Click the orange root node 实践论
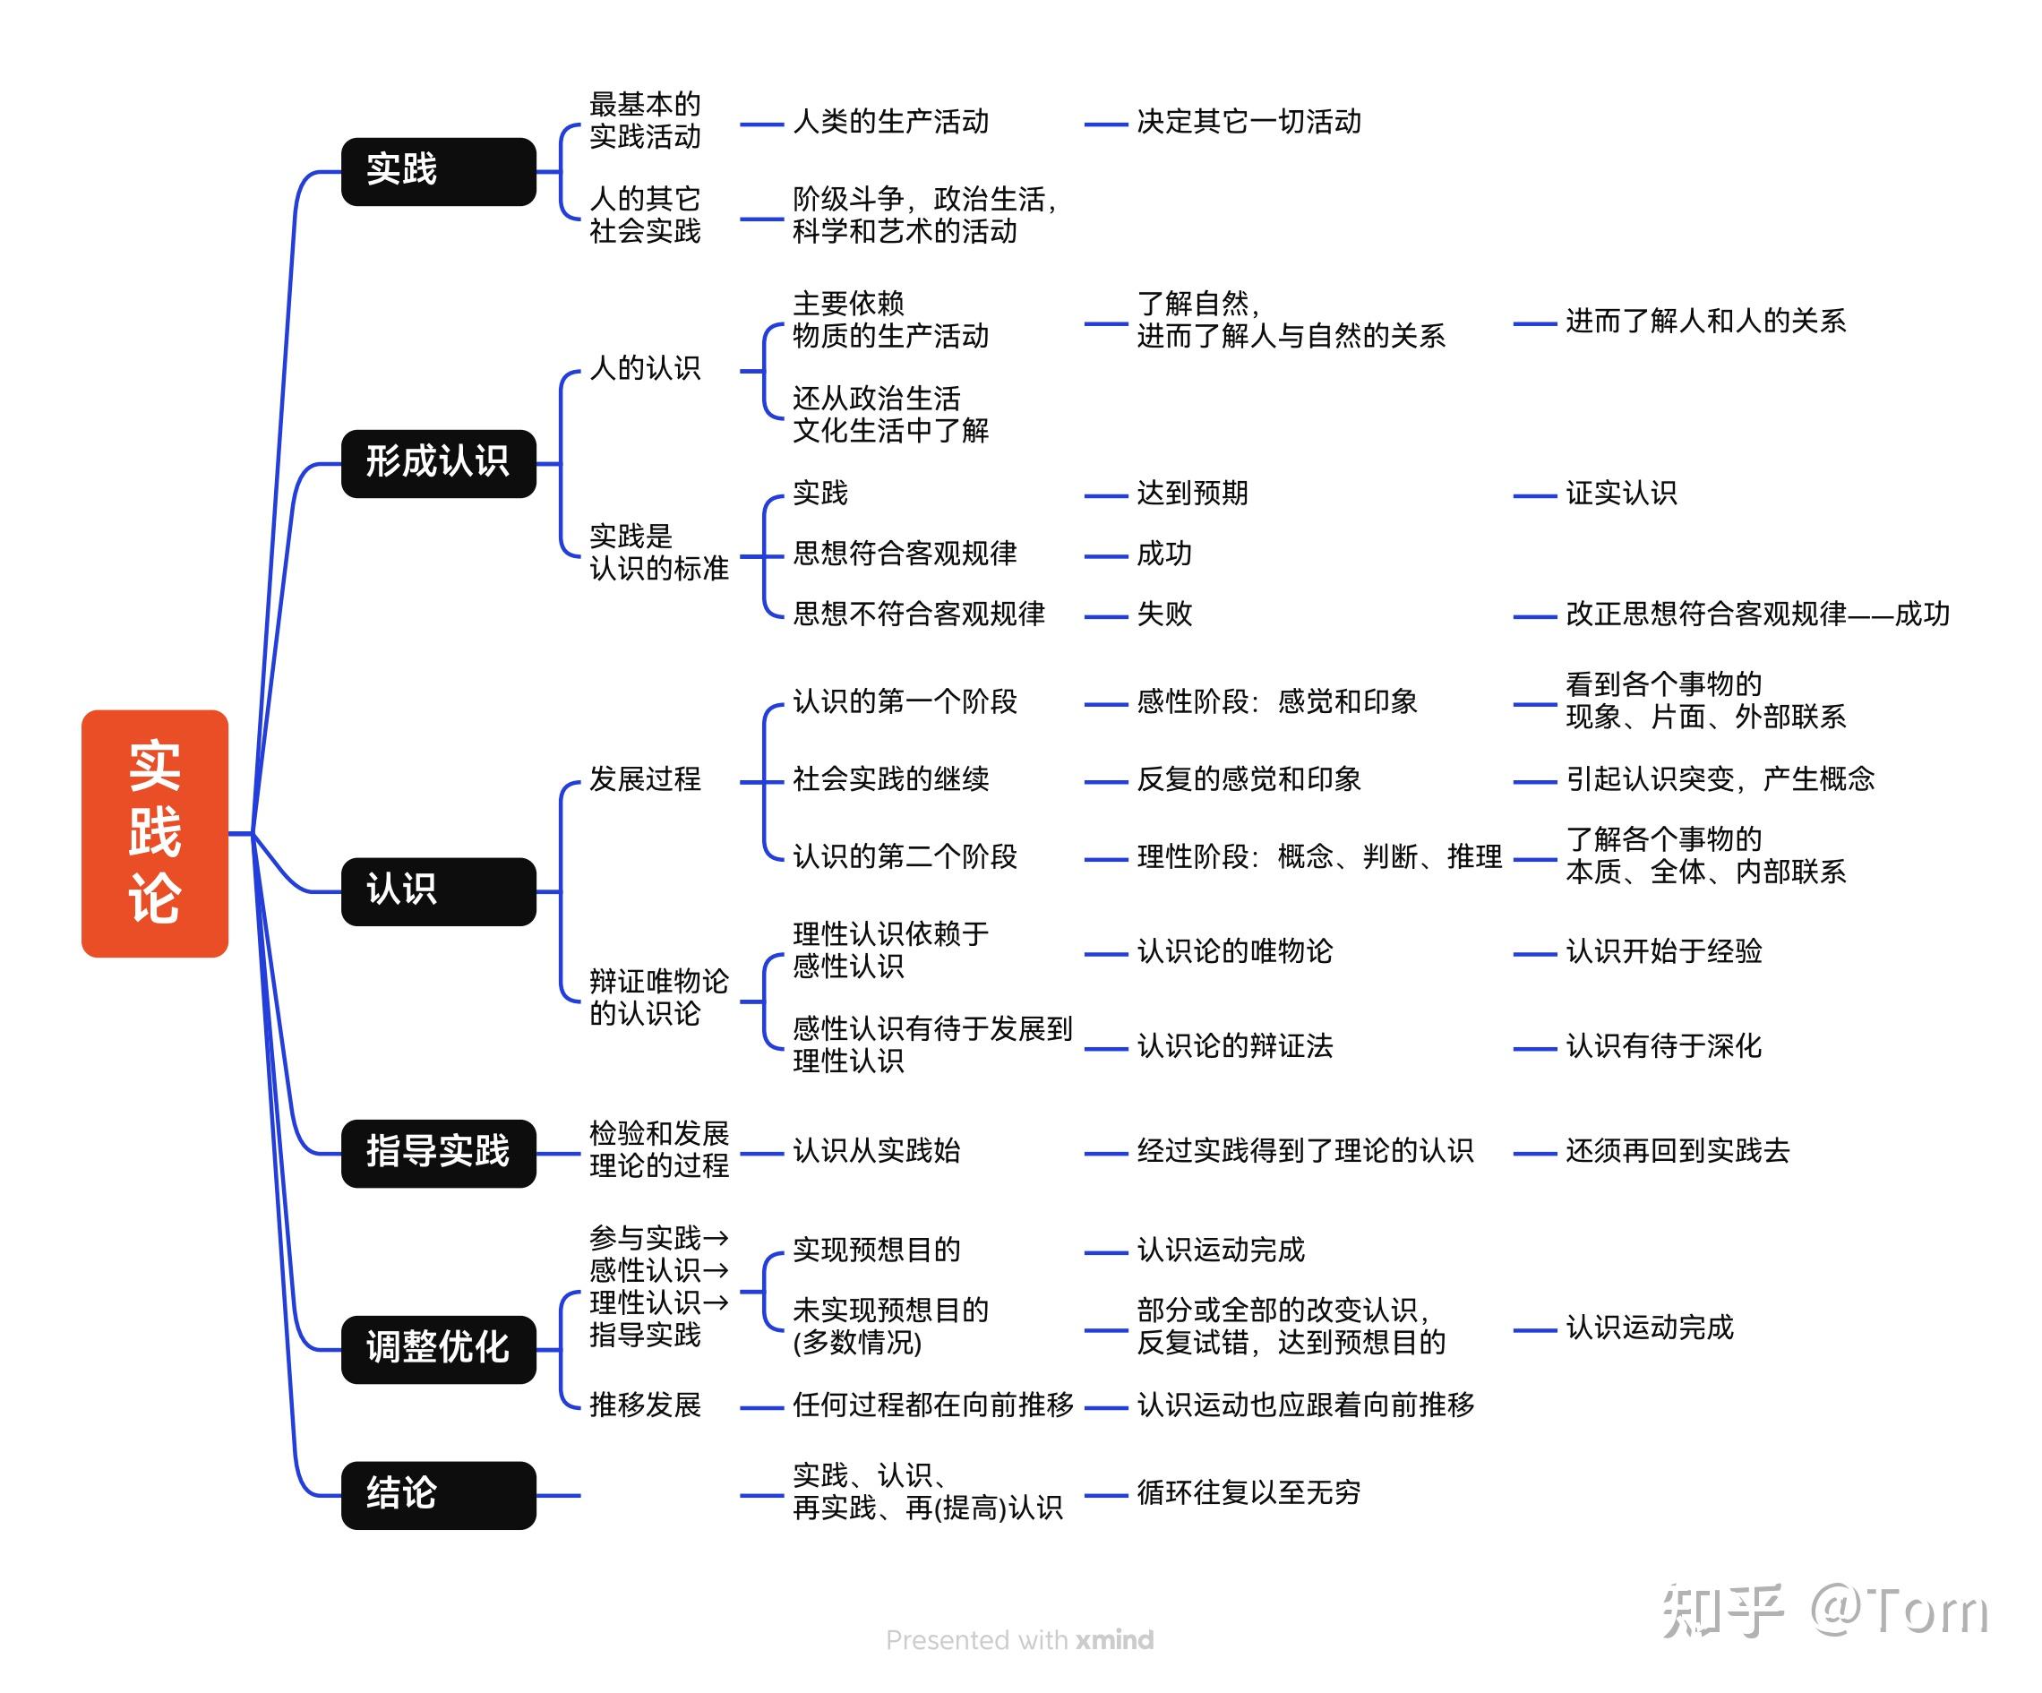coord(155,832)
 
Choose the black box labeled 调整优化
coord(438,1349)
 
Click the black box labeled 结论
coord(438,1495)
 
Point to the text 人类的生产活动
coord(891,123)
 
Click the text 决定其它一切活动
coord(1248,123)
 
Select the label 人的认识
coord(645,368)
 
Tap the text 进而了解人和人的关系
coord(1705,322)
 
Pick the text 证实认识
coord(1621,494)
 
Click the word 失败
coord(1164,614)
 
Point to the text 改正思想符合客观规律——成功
coord(1757,614)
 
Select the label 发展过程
coord(645,780)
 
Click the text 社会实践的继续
coord(891,780)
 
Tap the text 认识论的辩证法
coord(1235,1046)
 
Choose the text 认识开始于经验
coord(1664,952)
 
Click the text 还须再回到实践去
coord(1677,1152)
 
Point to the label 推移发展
coord(645,1406)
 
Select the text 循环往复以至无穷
coord(1248,1493)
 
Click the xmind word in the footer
coord(1114,1640)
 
